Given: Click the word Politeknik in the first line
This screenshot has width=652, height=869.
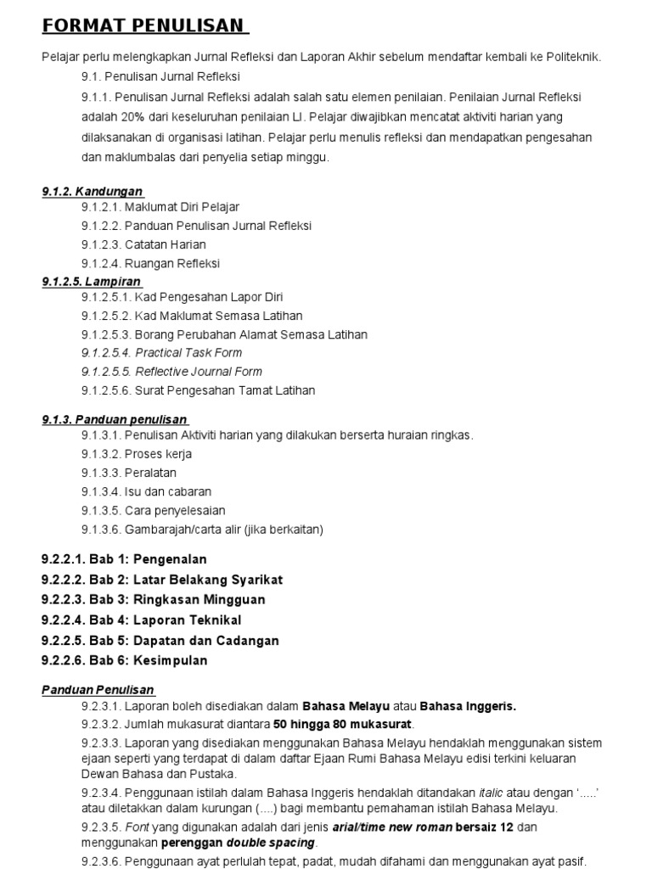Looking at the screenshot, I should click(x=573, y=57).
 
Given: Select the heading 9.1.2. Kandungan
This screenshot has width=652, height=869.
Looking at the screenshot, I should click(x=93, y=191).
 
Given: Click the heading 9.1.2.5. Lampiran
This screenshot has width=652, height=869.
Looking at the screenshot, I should click(x=92, y=281).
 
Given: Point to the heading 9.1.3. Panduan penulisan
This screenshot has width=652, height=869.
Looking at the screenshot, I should click(x=115, y=419).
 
